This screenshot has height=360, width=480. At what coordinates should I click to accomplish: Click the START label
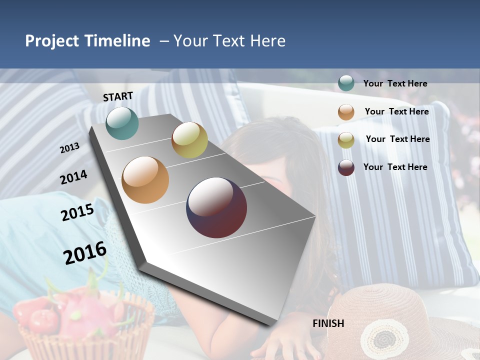tap(118, 96)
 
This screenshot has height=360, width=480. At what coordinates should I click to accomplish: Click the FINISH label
tap(328, 323)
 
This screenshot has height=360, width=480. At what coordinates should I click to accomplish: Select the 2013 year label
tap(69, 148)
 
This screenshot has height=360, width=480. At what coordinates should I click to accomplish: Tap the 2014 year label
tap(73, 177)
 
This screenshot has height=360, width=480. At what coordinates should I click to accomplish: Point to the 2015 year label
tap(77, 212)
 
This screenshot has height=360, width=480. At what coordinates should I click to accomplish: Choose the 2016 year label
tap(85, 253)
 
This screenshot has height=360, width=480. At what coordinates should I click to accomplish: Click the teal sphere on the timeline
tap(122, 123)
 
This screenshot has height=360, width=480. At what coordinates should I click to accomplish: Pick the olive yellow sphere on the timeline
tap(189, 140)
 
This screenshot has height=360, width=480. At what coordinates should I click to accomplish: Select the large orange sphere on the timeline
tap(145, 180)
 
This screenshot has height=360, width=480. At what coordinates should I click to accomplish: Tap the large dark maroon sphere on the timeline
tap(216, 207)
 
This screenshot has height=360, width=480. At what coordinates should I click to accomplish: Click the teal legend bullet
tap(346, 83)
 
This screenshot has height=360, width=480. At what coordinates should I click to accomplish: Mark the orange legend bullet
tap(346, 111)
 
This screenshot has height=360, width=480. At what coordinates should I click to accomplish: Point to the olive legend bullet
tap(346, 139)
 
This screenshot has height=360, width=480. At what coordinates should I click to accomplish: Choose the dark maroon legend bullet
tap(346, 167)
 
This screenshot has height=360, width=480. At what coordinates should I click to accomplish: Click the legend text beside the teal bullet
tap(395, 83)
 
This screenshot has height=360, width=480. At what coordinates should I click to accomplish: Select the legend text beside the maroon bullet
tap(395, 167)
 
